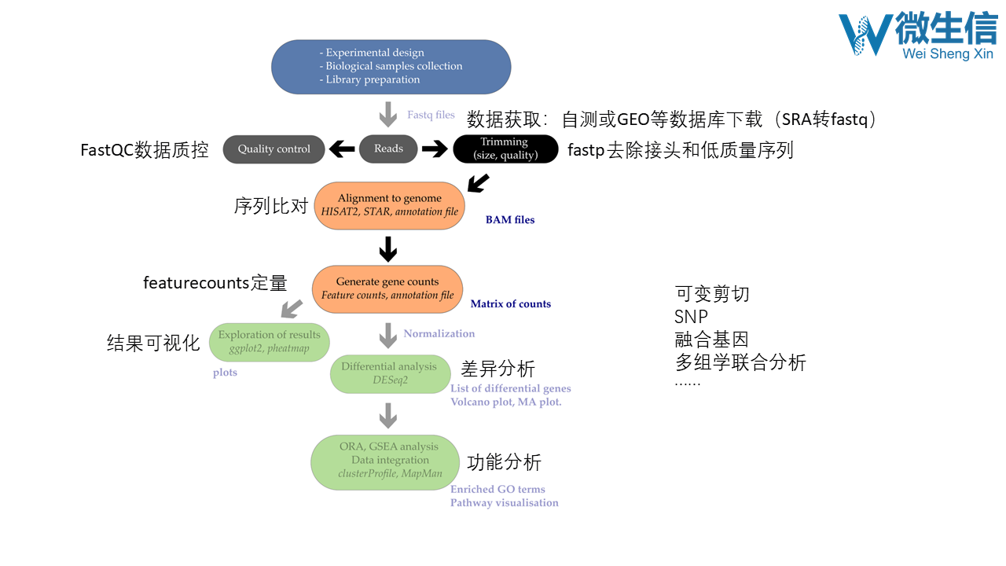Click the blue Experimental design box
point(391,67)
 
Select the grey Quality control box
point(274,149)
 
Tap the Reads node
point(388,149)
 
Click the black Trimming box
point(505,149)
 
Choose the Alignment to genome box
point(389,205)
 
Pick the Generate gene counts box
point(387,289)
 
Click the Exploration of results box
point(270,341)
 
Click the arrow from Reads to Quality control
point(342,149)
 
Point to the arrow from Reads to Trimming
point(435,149)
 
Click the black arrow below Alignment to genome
point(387,248)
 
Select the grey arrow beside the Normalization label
point(387,335)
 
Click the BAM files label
point(510,220)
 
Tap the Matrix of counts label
point(511,304)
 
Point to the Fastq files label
point(431,115)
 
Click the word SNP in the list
point(691,317)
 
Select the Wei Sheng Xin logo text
point(948,53)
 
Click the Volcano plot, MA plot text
point(506,402)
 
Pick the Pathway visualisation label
point(505,503)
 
